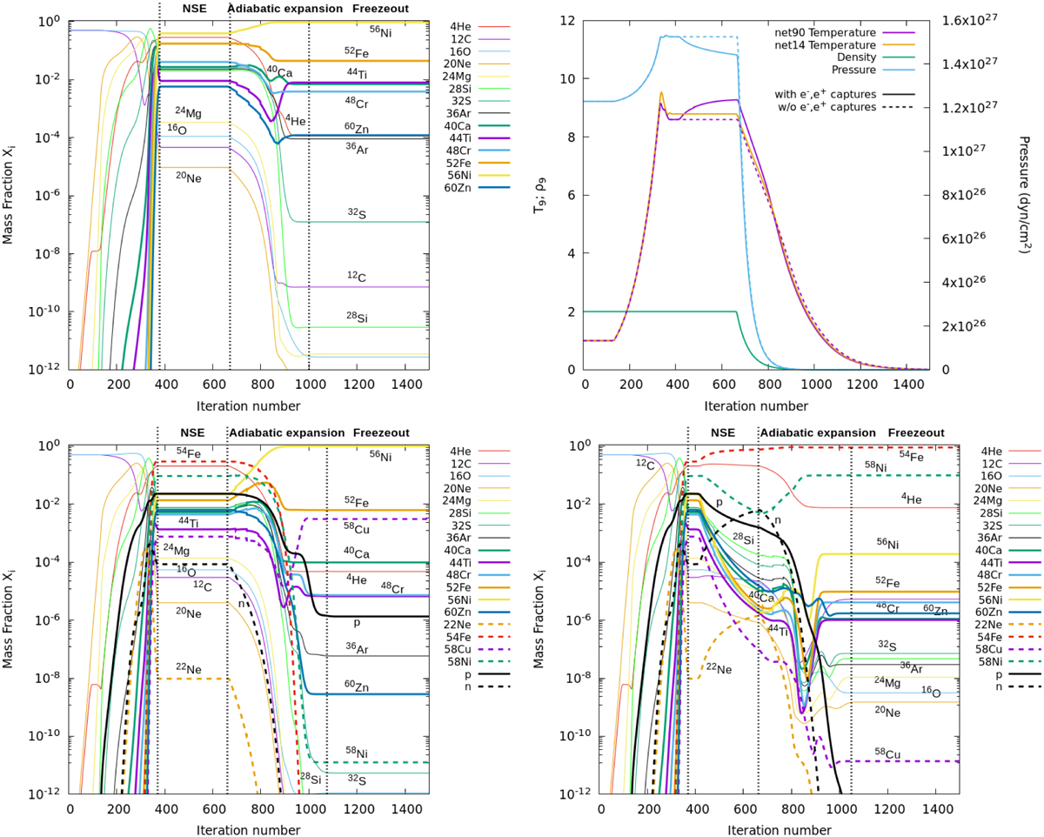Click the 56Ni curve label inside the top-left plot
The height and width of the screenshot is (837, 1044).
point(380,30)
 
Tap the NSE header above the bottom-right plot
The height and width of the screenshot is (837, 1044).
point(722,432)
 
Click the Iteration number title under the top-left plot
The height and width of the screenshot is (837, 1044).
point(248,405)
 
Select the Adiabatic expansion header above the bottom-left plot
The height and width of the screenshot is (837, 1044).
point(284,432)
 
